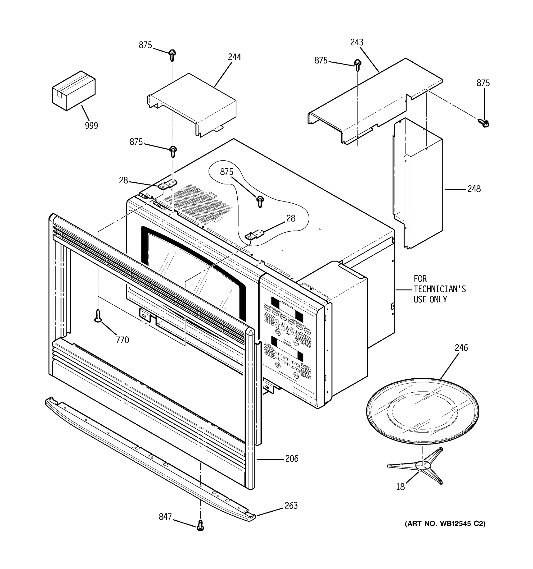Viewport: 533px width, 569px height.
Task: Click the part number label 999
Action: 91,125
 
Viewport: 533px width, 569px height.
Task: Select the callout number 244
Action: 234,57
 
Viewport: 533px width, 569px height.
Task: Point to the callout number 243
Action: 357,42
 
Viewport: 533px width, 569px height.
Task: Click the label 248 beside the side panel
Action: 474,189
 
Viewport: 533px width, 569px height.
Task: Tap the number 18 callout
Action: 400,486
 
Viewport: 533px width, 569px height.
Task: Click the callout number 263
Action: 291,505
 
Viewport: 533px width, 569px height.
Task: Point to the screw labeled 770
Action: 98,316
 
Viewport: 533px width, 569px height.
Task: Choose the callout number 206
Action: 291,459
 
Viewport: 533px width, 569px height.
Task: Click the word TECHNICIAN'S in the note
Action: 439,289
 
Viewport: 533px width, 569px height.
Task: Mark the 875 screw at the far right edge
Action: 484,123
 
